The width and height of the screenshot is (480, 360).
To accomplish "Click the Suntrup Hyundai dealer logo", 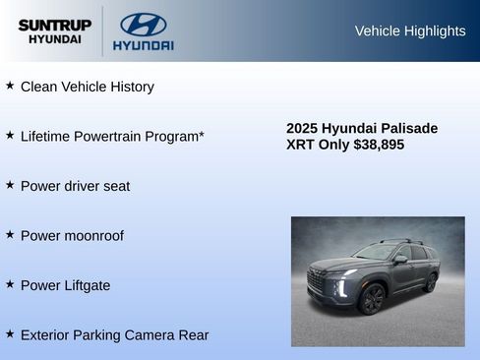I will click(x=54, y=30).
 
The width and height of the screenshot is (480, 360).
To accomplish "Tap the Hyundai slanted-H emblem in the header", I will click(x=143, y=24).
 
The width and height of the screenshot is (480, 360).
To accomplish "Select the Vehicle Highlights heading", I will click(x=409, y=30).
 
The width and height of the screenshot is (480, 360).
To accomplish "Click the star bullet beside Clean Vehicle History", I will click(x=10, y=86).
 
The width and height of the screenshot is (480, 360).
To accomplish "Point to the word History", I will click(x=129, y=87).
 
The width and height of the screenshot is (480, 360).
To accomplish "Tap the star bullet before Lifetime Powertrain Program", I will click(x=10, y=135).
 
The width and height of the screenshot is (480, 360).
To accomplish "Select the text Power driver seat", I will click(x=75, y=186).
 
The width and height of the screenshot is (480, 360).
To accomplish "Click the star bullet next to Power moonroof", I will click(x=10, y=234).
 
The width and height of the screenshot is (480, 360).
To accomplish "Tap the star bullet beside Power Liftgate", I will click(x=10, y=283).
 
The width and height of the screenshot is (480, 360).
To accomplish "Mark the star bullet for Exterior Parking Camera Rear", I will click(x=10, y=333).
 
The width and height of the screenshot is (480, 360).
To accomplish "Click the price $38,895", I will click(x=378, y=145).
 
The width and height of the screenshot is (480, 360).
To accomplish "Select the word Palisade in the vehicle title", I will click(x=405, y=128).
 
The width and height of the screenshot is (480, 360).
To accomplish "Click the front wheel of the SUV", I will click(x=372, y=298).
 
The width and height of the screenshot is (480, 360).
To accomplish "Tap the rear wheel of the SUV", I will click(x=430, y=282).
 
